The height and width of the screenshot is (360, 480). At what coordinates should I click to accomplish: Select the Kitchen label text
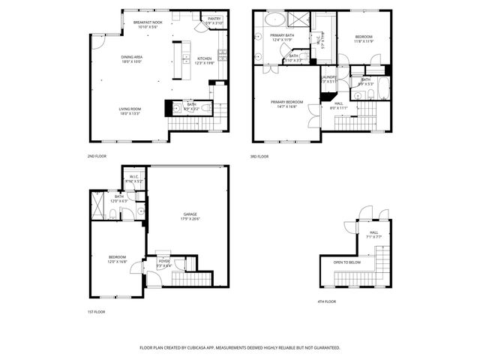[204, 58]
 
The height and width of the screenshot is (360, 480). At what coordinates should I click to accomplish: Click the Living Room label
[130, 109]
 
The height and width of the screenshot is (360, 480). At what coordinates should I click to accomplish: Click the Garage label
[190, 215]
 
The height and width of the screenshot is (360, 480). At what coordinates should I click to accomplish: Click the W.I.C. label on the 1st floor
[134, 178]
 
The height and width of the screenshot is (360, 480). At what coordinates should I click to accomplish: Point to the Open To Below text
[347, 262]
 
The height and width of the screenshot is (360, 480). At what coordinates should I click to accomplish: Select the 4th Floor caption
[326, 301]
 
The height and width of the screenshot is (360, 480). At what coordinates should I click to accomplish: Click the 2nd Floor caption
[96, 156]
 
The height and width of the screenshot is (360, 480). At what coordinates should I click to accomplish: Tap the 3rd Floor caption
[259, 156]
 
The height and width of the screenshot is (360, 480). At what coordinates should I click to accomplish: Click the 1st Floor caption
[95, 311]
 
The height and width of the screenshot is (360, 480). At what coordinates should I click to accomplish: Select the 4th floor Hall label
[373, 232]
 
